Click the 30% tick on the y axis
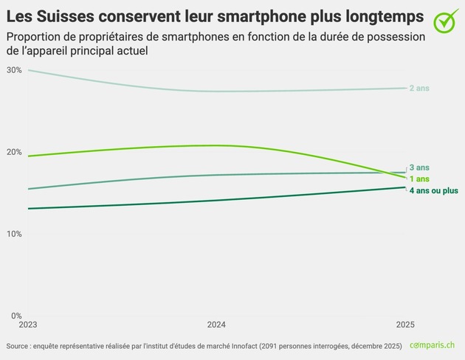(x=13, y=70)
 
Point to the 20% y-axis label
(x=13, y=152)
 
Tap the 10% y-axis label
(x=13, y=234)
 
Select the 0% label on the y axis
(x=15, y=316)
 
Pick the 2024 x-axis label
(x=217, y=325)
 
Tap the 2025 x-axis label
(x=405, y=325)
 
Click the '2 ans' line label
(x=418, y=89)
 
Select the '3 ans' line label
(x=419, y=168)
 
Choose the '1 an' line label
(x=418, y=179)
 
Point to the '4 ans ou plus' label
(x=433, y=191)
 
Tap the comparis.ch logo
(x=433, y=345)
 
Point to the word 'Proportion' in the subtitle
(x=34, y=37)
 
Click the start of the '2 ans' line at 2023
(x=28, y=70)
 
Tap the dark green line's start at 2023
(x=28, y=209)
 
